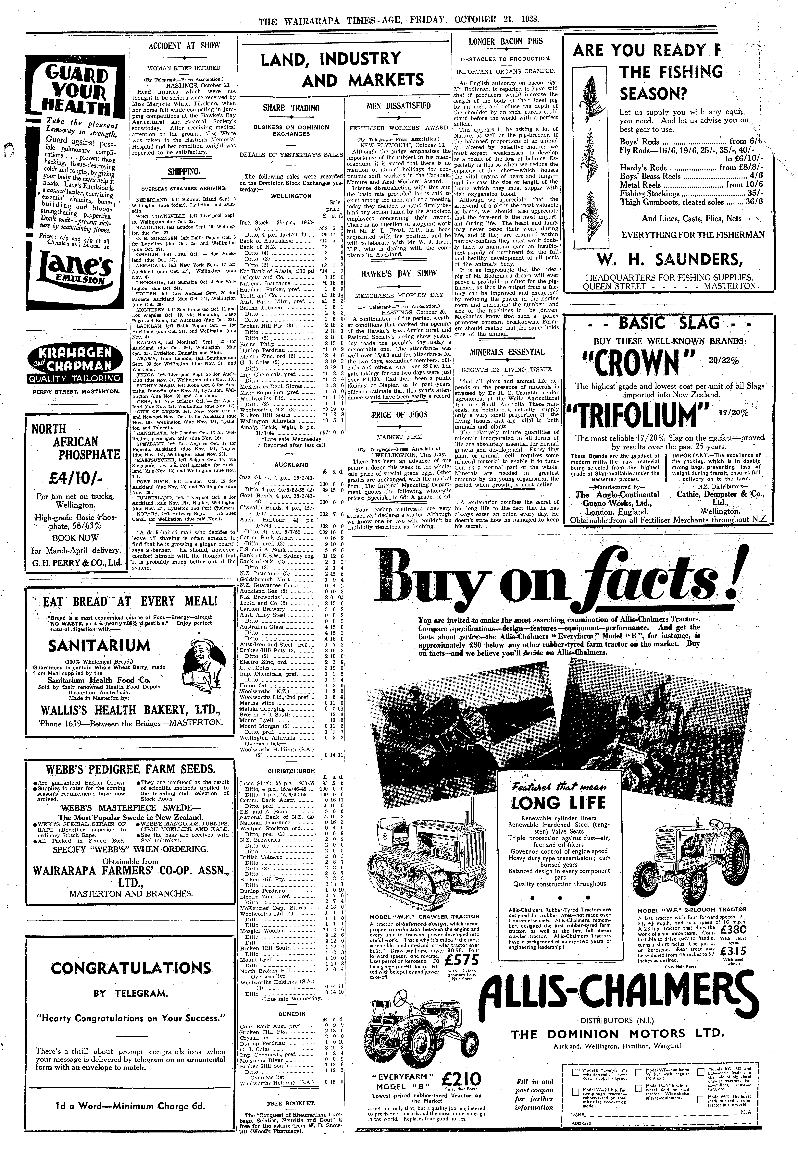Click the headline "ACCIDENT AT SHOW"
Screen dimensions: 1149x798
(x=184, y=45)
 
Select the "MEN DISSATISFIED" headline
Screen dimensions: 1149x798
(x=398, y=106)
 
